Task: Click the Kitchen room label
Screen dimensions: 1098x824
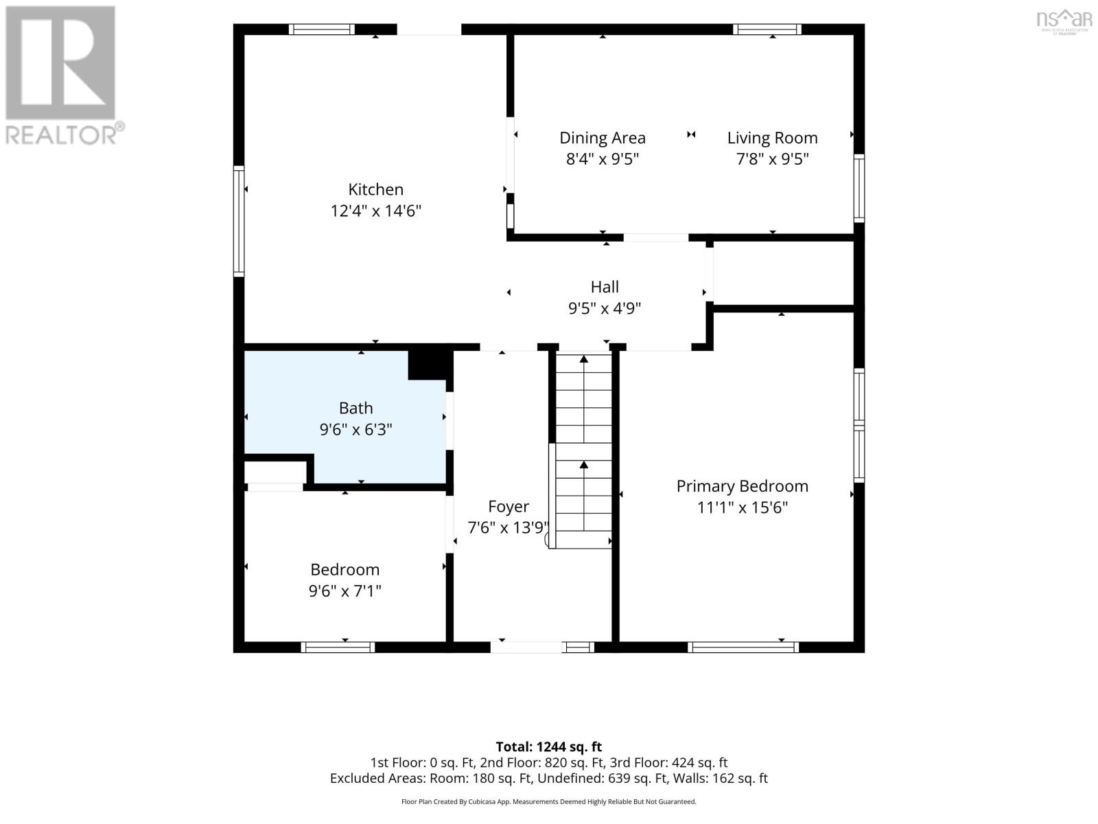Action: click(x=375, y=189)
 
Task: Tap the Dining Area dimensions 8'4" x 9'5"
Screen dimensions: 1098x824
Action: click(x=603, y=159)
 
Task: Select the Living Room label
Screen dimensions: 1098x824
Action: click(x=772, y=138)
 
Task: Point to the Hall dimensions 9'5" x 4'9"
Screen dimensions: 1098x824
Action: click(x=605, y=308)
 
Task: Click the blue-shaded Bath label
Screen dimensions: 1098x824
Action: click(x=355, y=409)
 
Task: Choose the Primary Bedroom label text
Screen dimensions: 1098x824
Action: click(x=743, y=486)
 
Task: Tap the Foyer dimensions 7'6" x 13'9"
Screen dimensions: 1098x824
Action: click(x=509, y=527)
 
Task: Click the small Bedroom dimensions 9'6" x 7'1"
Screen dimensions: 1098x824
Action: click(x=344, y=591)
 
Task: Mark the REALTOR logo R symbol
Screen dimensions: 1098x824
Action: click(x=60, y=62)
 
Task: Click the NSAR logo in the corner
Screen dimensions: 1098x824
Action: click(x=1064, y=21)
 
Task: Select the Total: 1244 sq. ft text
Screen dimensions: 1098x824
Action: click(x=549, y=747)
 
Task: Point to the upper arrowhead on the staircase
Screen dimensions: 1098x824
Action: click(x=584, y=358)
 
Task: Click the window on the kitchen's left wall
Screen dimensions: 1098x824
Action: click(x=239, y=221)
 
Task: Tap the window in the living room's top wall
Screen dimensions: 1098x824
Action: click(x=767, y=29)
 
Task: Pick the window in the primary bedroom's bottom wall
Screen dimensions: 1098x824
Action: click(x=743, y=648)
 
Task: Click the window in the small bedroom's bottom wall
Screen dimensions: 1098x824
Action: click(x=338, y=648)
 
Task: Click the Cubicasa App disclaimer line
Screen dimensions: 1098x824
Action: click(x=549, y=801)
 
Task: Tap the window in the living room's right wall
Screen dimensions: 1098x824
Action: click(x=859, y=188)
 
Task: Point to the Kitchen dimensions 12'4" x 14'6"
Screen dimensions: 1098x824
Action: click(x=375, y=211)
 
